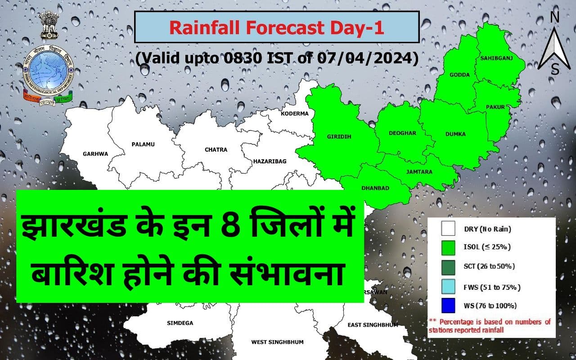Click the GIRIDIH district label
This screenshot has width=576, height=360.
click(339, 136)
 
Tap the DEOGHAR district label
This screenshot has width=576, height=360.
click(403, 133)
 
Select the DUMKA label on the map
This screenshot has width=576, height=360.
click(455, 134)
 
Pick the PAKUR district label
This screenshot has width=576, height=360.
click(495, 107)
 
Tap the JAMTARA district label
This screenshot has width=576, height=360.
click(419, 172)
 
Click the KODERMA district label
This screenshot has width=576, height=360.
click(295, 113)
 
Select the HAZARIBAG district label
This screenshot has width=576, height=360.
click(270, 161)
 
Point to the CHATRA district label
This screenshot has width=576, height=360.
click(216, 149)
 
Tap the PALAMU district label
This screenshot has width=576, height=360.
click(143, 144)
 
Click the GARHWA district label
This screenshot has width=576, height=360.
click(95, 154)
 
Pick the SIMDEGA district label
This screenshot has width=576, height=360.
click(180, 323)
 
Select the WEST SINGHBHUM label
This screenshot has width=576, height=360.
click(277, 342)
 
